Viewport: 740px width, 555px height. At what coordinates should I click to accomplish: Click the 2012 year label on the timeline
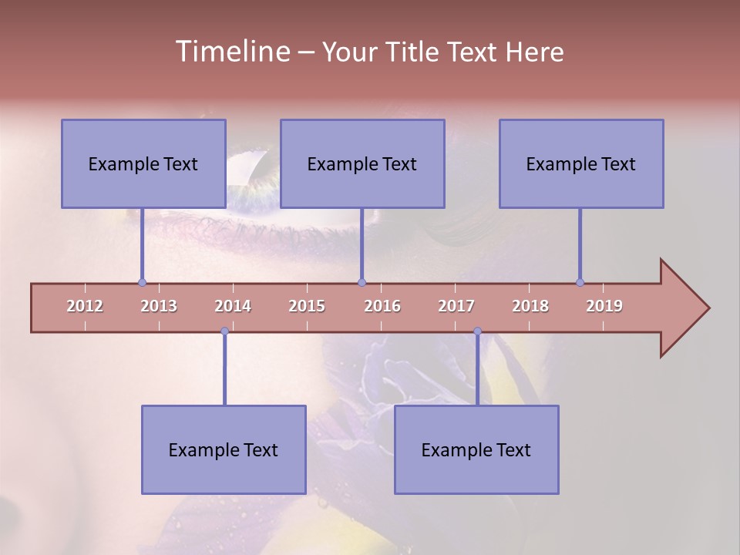pos(85,306)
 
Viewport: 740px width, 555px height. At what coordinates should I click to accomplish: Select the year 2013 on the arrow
pos(159,306)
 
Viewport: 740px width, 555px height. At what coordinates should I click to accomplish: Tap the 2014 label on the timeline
pos(233,306)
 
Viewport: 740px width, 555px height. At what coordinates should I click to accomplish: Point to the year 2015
pos(307,306)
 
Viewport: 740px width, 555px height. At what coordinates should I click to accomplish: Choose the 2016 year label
pos(382,306)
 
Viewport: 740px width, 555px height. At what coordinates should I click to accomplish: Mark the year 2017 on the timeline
pos(456,306)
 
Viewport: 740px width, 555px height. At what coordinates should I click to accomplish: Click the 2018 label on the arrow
pos(530,306)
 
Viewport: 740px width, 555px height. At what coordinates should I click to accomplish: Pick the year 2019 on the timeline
pos(604,306)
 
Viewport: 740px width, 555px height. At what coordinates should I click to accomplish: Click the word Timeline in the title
pos(231,52)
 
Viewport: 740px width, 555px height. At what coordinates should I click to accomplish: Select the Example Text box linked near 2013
pos(143,163)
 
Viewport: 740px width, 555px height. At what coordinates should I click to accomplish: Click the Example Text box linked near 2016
pos(362,163)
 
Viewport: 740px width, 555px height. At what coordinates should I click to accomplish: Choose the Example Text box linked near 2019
pos(581,163)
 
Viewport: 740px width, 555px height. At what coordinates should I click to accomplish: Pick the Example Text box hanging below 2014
pos(224,449)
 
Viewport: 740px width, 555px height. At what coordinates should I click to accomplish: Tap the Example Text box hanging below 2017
pos(476,449)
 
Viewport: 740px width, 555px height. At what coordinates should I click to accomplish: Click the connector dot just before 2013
pos(142,282)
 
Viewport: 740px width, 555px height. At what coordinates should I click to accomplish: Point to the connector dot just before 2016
pos(362,282)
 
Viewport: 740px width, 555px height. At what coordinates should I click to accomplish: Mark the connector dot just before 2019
pos(580,282)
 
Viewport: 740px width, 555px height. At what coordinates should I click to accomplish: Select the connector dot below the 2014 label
pos(224,331)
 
